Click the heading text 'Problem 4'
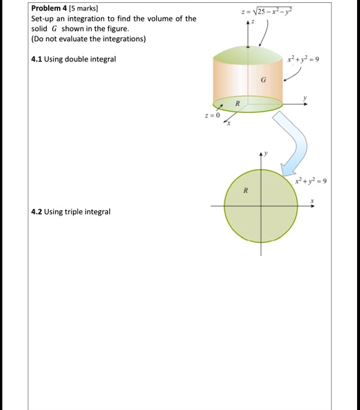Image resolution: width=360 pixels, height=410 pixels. [50, 9]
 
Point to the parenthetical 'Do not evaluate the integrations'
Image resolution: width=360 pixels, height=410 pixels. [89, 39]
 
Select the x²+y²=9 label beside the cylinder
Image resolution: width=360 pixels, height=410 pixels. [303, 59]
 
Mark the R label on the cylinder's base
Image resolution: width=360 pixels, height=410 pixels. [237, 103]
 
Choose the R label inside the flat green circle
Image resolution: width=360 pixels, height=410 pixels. [246, 191]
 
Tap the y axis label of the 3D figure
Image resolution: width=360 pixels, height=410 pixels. [305, 98]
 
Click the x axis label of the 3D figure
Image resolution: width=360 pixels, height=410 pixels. [229, 124]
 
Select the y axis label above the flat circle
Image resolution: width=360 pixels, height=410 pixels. [266, 153]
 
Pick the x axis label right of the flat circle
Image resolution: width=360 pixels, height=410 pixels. [313, 200]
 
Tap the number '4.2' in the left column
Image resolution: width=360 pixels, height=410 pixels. [37, 211]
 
